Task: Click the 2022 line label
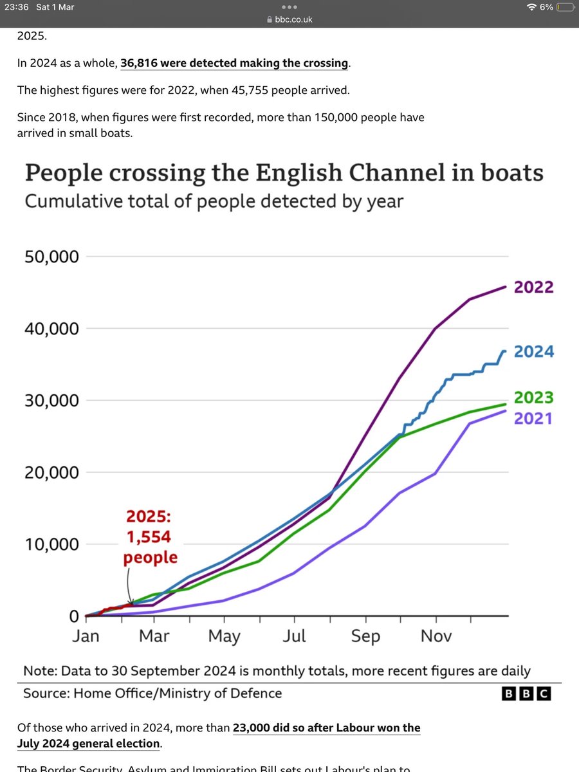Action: pyautogui.click(x=533, y=287)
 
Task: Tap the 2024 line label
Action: pyautogui.click(x=533, y=352)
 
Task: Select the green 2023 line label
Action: pyautogui.click(x=533, y=398)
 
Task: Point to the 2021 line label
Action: pyautogui.click(x=533, y=418)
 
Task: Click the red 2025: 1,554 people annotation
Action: pyautogui.click(x=151, y=538)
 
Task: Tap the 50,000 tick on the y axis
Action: pyautogui.click(x=51, y=257)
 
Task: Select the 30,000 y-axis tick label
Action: pyautogui.click(x=51, y=400)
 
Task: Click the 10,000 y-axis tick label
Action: pyautogui.click(x=51, y=544)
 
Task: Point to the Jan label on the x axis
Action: pyautogui.click(x=86, y=636)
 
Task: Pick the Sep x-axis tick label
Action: pyautogui.click(x=365, y=636)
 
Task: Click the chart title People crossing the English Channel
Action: pyautogui.click(x=283, y=174)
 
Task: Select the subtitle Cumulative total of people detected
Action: pyautogui.click(x=214, y=201)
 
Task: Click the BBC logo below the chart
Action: pyautogui.click(x=527, y=694)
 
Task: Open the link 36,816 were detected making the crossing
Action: pyautogui.click(x=234, y=63)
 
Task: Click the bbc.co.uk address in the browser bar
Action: pyautogui.click(x=293, y=20)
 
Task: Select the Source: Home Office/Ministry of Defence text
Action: pyautogui.click(x=152, y=693)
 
